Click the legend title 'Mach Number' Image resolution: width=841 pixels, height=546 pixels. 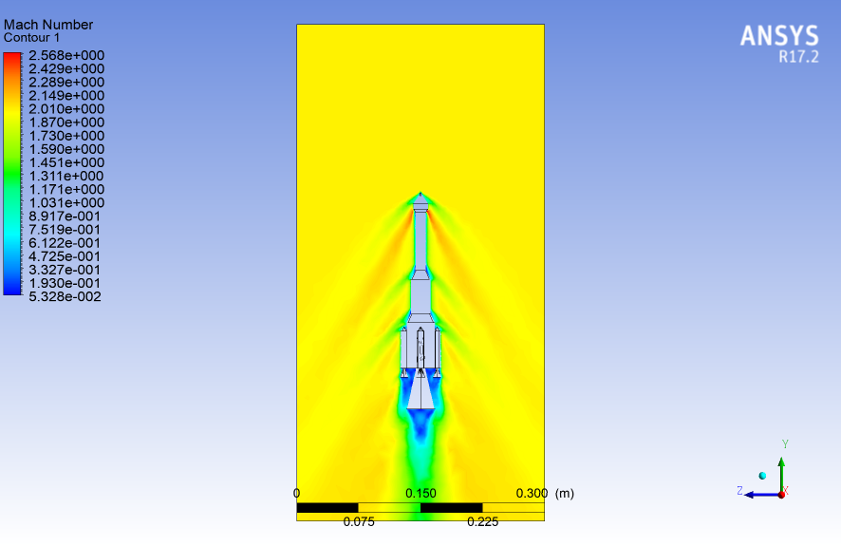pos(48,25)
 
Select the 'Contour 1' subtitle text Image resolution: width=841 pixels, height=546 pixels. pos(31,38)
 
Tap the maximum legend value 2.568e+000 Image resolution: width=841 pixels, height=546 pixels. pos(66,55)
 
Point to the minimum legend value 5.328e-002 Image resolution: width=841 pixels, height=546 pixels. pos(65,296)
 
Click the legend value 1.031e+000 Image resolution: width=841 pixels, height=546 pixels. pos(66,203)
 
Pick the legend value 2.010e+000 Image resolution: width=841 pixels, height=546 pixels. pos(66,109)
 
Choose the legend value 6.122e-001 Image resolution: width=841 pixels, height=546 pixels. pos(65,243)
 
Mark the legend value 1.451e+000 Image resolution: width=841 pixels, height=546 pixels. pos(66,162)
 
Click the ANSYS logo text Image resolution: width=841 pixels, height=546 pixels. pos(779,36)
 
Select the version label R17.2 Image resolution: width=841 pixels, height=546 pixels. pos(798,56)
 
